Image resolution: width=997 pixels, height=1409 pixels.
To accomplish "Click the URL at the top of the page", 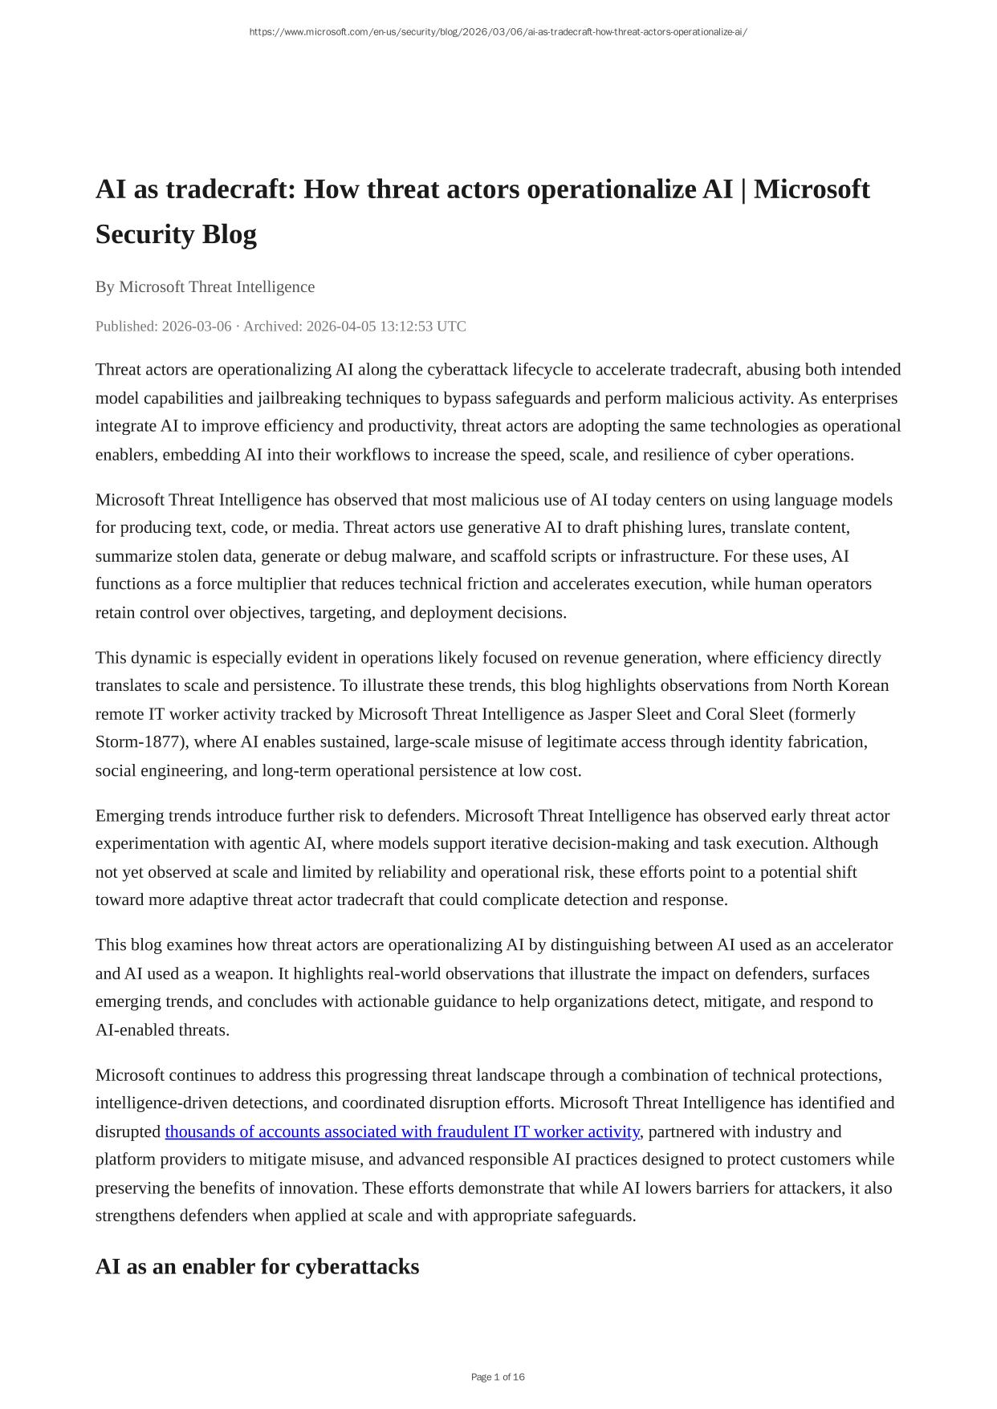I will pyautogui.click(x=498, y=32).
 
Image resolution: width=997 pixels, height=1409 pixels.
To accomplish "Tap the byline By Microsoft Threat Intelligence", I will pyautogui.click(x=205, y=287).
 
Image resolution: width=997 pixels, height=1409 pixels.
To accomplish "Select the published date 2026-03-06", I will pyautogui.click(x=196, y=327).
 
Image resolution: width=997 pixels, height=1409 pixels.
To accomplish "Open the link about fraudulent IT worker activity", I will pyautogui.click(x=401, y=1132).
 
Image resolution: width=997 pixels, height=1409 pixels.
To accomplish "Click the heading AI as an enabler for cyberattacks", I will pyautogui.click(x=257, y=1267).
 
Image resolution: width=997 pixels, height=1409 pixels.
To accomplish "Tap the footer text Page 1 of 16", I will pyautogui.click(x=498, y=1377).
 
